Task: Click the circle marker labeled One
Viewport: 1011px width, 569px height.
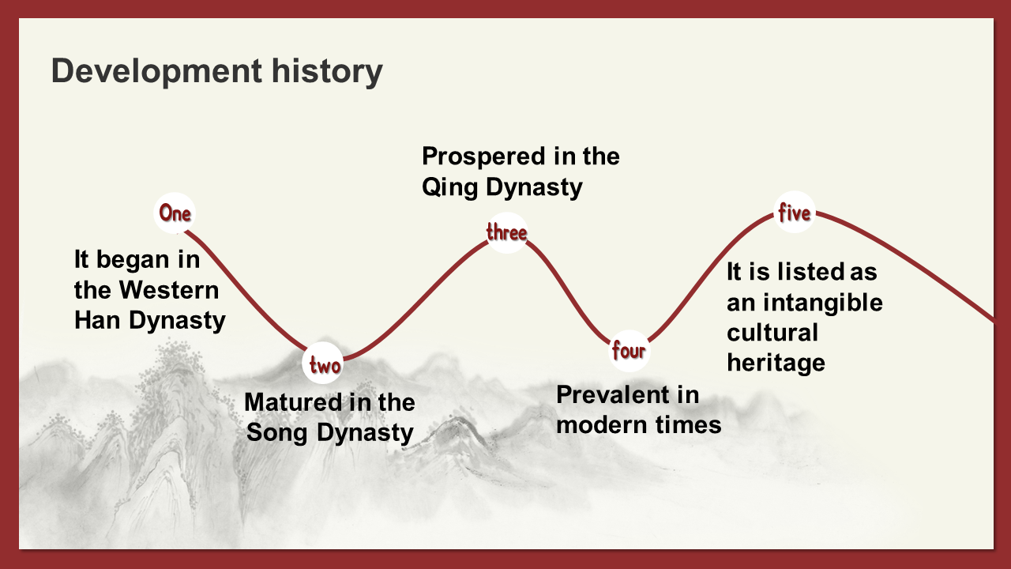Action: pyautogui.click(x=175, y=213)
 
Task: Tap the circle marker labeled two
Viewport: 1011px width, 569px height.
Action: pyautogui.click(x=323, y=364)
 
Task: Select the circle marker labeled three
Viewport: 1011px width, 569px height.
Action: pyautogui.click(x=506, y=233)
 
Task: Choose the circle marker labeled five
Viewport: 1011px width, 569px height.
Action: pyautogui.click(x=795, y=213)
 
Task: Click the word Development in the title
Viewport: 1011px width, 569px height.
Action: pyautogui.click(x=156, y=71)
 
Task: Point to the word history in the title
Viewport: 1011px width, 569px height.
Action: pyautogui.click(x=327, y=71)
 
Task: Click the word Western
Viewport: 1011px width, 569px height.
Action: pyautogui.click(x=169, y=290)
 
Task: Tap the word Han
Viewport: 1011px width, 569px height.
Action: pyautogui.click(x=97, y=320)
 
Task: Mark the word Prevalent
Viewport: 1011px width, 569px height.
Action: pyautogui.click(x=613, y=395)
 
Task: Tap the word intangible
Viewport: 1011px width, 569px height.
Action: pyautogui.click(x=823, y=303)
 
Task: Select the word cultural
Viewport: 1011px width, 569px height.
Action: pyautogui.click(x=772, y=333)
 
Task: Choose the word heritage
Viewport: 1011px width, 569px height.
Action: pyautogui.click(x=776, y=364)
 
